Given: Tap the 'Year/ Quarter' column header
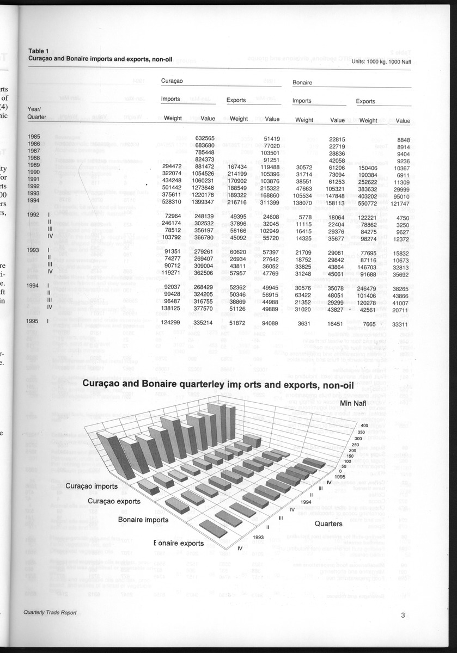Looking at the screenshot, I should (x=38, y=112).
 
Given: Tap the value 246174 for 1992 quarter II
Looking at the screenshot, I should (x=171, y=223).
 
